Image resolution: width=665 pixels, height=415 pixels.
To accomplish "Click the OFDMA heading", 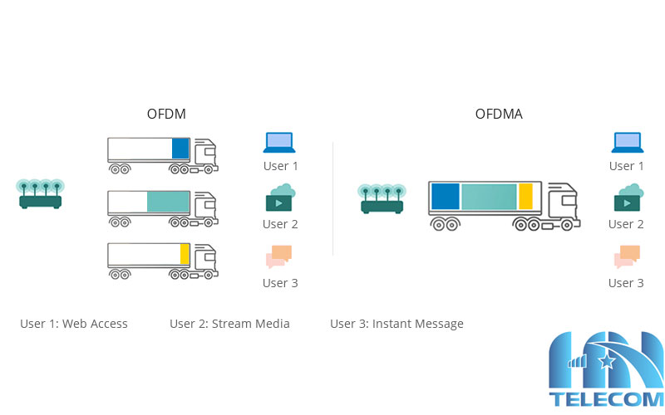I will (x=499, y=114).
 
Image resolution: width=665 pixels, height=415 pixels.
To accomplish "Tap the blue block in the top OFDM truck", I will (x=180, y=149).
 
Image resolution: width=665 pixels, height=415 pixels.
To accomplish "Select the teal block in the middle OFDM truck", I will (x=168, y=202).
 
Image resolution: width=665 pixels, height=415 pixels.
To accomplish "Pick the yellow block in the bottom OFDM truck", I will (x=185, y=253).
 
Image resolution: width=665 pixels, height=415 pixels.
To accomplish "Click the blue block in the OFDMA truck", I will (x=446, y=196).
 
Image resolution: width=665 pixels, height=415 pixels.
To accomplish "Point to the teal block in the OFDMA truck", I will (x=489, y=196).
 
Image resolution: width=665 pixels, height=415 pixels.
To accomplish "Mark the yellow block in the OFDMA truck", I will (x=525, y=196).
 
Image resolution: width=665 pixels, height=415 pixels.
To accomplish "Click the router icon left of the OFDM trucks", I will (x=41, y=193).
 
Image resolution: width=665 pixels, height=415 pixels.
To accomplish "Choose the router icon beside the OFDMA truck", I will (x=382, y=198).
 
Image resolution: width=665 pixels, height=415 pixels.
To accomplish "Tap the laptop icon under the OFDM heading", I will (x=279, y=143).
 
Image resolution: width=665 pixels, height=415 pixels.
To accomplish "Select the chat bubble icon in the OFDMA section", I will (x=628, y=256).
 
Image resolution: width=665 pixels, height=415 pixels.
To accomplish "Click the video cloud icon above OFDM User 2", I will (x=280, y=198).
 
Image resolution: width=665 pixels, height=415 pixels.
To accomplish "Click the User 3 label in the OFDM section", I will (x=280, y=283).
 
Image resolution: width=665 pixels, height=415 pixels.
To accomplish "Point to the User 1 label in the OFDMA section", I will (x=626, y=166).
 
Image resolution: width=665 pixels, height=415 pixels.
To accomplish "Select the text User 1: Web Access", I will (x=74, y=324).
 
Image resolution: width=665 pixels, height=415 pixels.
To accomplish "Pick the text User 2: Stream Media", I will (x=229, y=324).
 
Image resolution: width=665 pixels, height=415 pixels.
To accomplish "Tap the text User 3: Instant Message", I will (x=397, y=324).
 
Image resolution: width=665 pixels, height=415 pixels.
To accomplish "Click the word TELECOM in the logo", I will (x=606, y=399).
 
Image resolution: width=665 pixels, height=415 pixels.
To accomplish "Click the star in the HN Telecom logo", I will (x=608, y=360).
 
